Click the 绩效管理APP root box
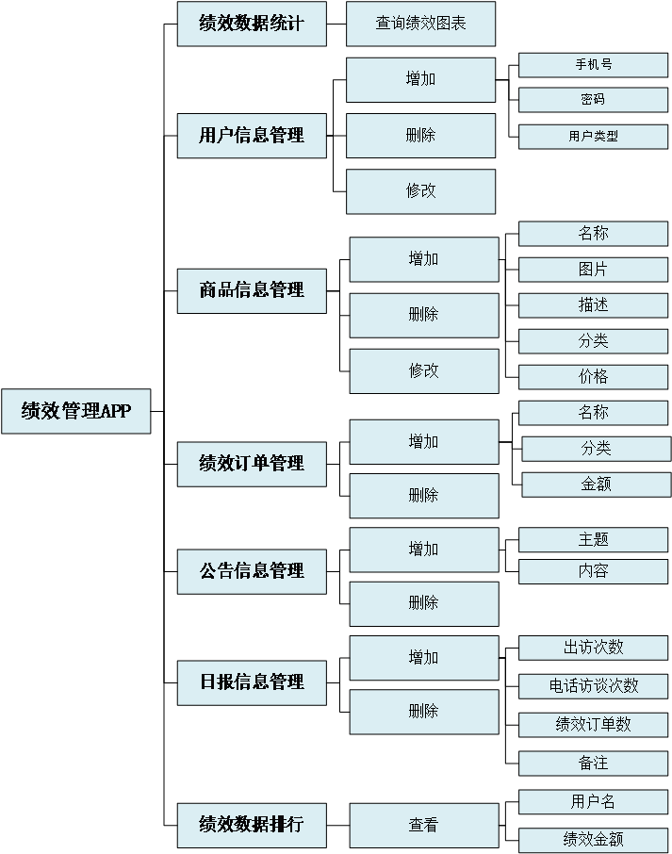(75, 411)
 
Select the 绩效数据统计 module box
(252, 24)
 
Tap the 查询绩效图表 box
(420, 24)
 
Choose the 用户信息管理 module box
(252, 135)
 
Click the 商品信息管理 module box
(252, 290)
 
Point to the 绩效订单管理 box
(252, 464)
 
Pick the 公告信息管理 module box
(252, 571)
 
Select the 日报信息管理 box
(252, 682)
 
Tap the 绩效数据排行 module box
(252, 825)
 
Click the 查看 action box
(424, 825)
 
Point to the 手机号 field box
(593, 65)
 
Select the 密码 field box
(593, 100)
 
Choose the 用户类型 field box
(593, 137)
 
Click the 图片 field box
(593, 270)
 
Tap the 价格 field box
(593, 377)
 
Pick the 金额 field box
(597, 484)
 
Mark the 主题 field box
(593, 539)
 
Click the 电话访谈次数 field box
(593, 686)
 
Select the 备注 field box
(593, 764)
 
